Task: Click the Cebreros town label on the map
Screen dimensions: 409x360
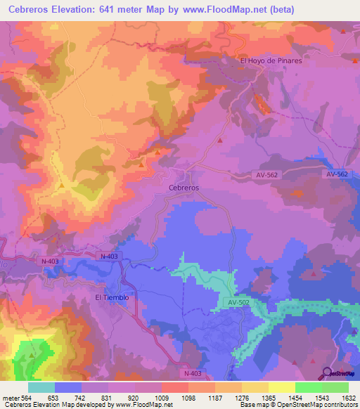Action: (x=184, y=188)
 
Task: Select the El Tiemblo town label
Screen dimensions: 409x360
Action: (x=112, y=297)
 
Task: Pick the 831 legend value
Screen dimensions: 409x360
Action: (x=108, y=397)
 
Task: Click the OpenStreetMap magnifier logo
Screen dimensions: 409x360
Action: (x=327, y=372)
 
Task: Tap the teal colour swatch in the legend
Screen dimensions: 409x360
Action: (x=41, y=387)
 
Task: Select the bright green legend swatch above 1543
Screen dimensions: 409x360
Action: (x=309, y=387)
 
